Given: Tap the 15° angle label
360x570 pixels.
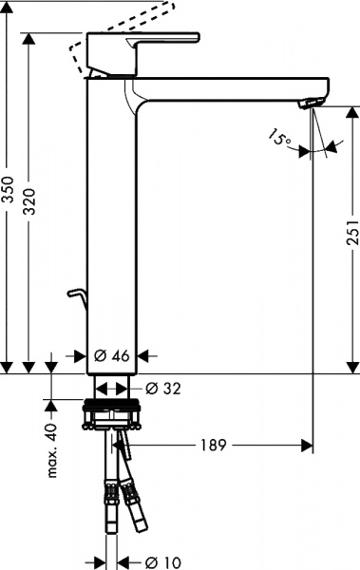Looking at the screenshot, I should [x=278, y=140].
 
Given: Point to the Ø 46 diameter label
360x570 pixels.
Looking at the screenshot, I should [x=113, y=355].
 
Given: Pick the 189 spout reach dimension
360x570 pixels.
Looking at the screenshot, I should [x=214, y=445].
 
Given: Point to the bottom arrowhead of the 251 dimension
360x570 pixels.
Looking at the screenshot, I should [x=351, y=365].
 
